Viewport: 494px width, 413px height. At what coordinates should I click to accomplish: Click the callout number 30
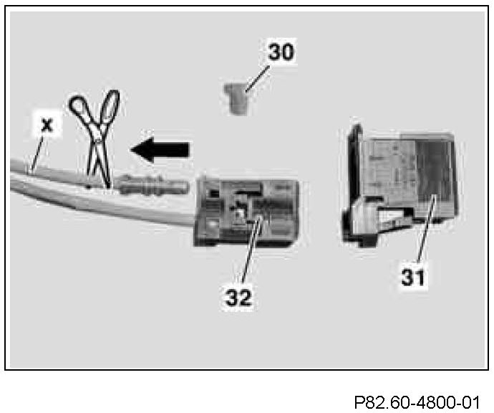281,52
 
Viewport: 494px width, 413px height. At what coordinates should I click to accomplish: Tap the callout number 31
414,275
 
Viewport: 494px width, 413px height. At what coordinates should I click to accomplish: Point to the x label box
47,124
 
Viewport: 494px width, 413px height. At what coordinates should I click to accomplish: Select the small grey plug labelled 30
234,100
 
